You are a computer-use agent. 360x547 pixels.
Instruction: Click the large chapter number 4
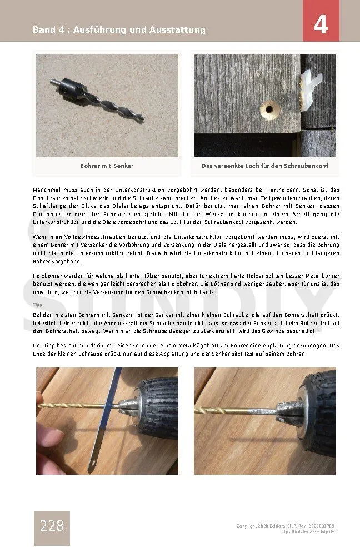click(321, 25)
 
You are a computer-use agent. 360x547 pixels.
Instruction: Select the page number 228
click(52, 525)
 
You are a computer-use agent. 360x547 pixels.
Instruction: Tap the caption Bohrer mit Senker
click(107, 166)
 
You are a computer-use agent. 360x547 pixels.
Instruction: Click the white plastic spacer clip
click(309, 89)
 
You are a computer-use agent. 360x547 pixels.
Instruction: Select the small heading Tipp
click(38, 305)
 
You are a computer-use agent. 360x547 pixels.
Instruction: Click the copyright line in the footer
click(285, 526)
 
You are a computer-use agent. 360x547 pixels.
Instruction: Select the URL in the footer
click(307, 532)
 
